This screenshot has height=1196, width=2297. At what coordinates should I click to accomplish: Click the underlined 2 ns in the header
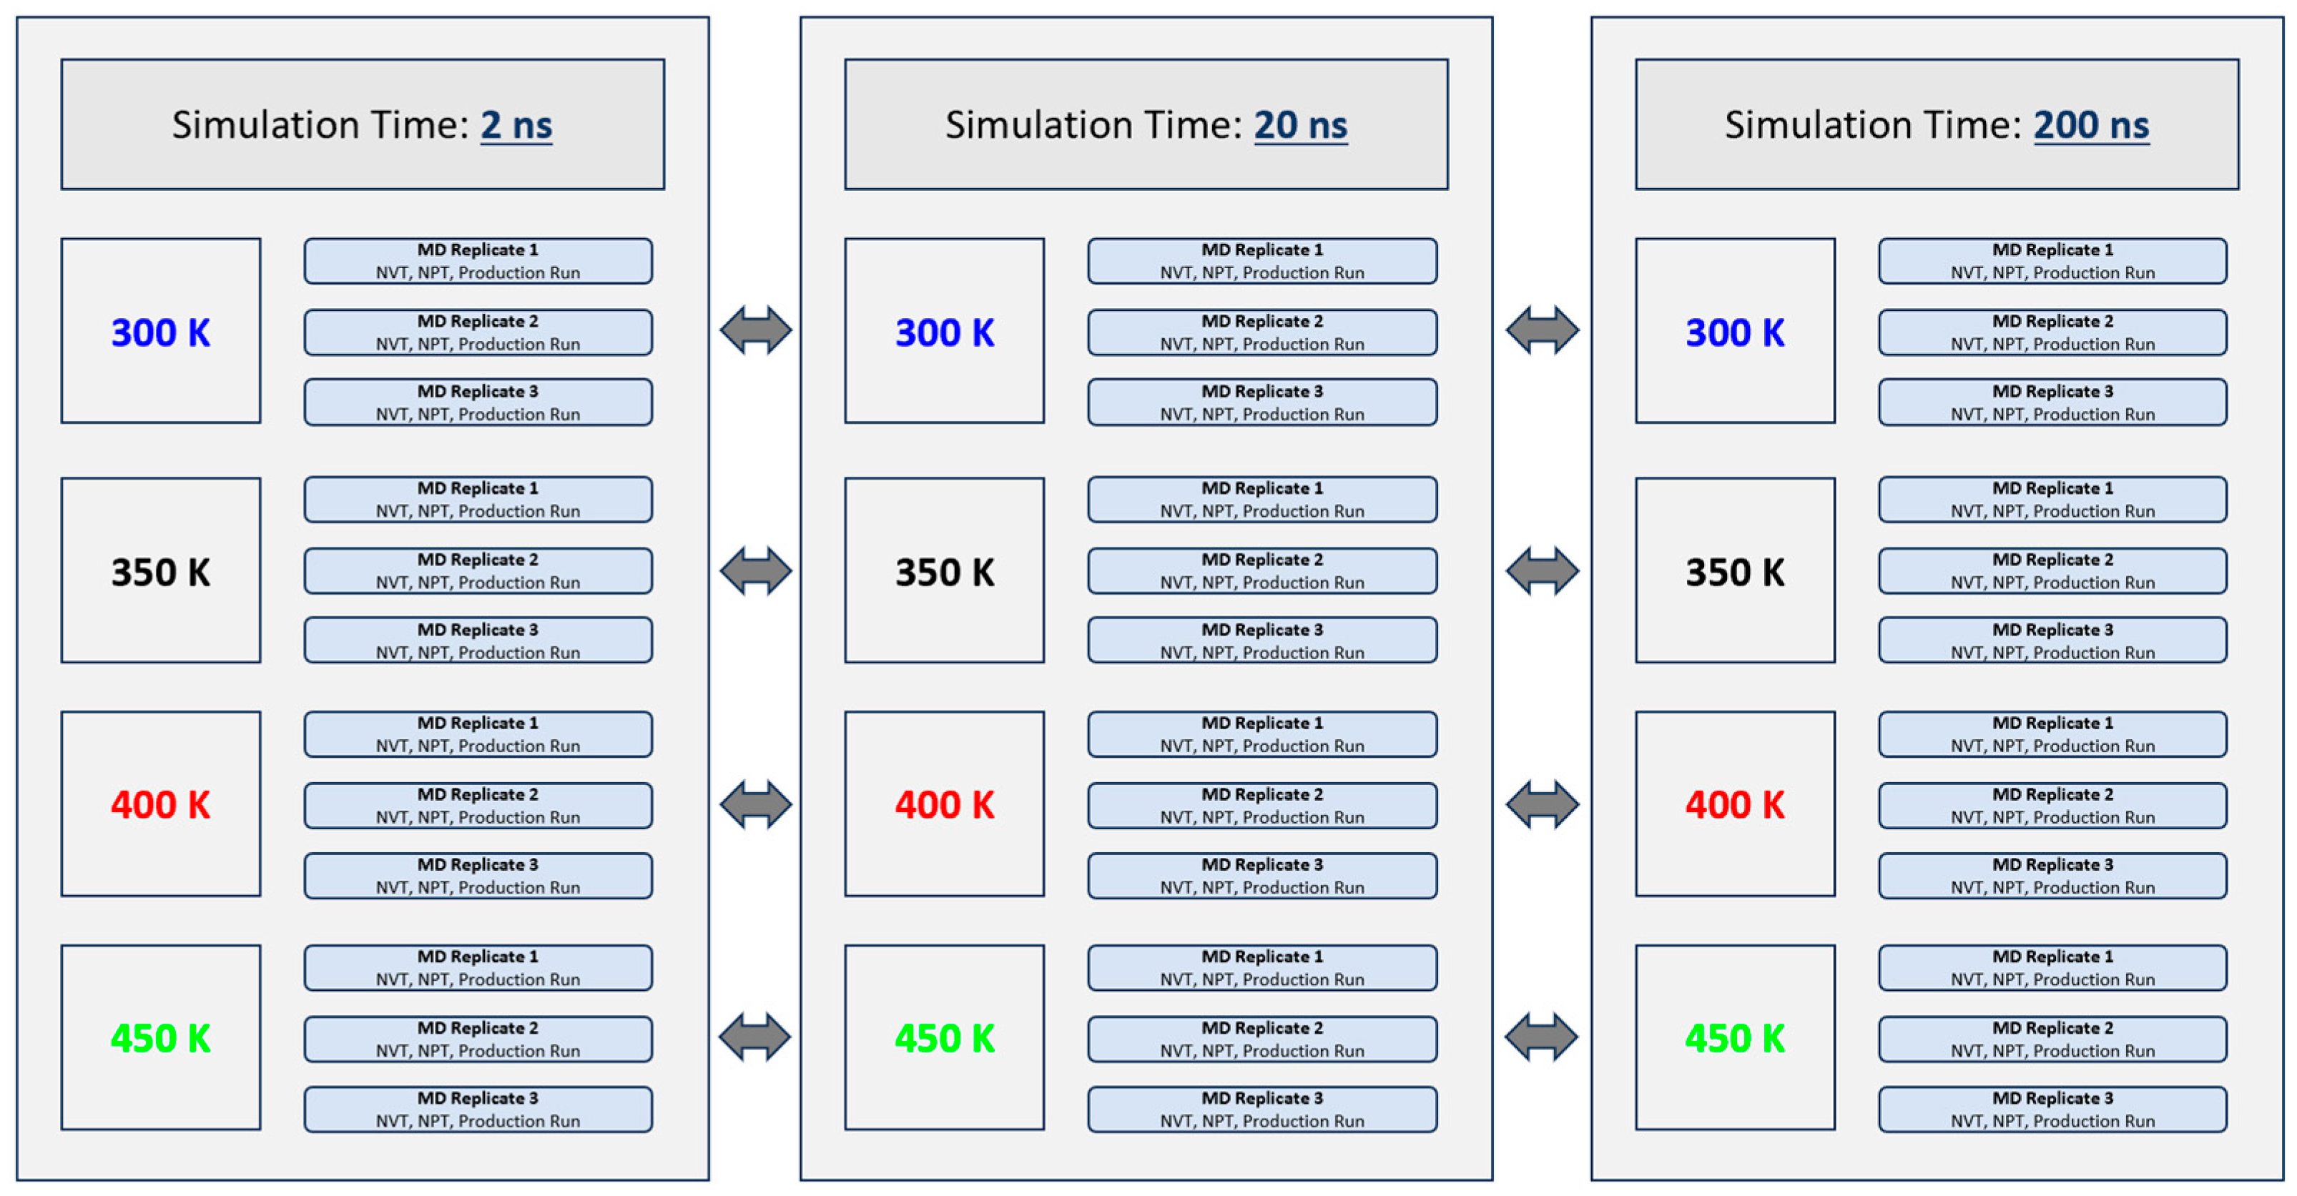pos(516,125)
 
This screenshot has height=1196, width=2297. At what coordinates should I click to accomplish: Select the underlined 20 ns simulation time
pos(1300,125)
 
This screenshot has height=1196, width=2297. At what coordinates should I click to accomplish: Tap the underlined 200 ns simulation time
pos(2091,125)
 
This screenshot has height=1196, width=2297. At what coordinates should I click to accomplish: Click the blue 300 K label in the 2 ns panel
pos(160,332)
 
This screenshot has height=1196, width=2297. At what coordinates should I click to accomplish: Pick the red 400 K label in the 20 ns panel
pos(944,805)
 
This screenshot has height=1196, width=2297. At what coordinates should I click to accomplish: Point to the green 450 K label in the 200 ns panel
pos(1734,1038)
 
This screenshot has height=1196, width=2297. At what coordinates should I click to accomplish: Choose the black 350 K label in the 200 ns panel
pos(1734,572)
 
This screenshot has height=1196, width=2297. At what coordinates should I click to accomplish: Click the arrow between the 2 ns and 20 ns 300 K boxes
pos(755,331)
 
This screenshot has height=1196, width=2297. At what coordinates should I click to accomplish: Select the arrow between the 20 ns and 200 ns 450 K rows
pos(1541,1037)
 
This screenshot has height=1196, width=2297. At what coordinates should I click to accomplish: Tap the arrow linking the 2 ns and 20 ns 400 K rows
pos(755,805)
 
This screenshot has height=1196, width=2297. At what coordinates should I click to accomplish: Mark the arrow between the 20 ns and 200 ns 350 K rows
pos(1542,571)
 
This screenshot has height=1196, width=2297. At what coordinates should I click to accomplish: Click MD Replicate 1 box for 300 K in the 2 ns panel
pos(478,261)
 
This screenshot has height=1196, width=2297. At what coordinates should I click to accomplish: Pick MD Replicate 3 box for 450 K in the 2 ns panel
pos(478,1109)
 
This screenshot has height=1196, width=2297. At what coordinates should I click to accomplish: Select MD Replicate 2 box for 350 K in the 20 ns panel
pos(1261,571)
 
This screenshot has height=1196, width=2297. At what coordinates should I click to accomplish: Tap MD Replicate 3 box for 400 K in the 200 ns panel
pos(2052,876)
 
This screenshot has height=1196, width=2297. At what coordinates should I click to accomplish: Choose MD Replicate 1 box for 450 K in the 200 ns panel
pos(2052,968)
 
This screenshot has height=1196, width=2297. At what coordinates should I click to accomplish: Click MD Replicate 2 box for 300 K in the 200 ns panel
pos(2052,332)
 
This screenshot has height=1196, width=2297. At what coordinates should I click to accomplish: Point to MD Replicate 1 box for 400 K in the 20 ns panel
pos(1261,734)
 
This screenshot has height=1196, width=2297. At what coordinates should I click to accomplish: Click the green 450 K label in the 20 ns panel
pos(944,1038)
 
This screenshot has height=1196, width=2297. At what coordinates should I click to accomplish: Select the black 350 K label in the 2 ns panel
pos(160,572)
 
